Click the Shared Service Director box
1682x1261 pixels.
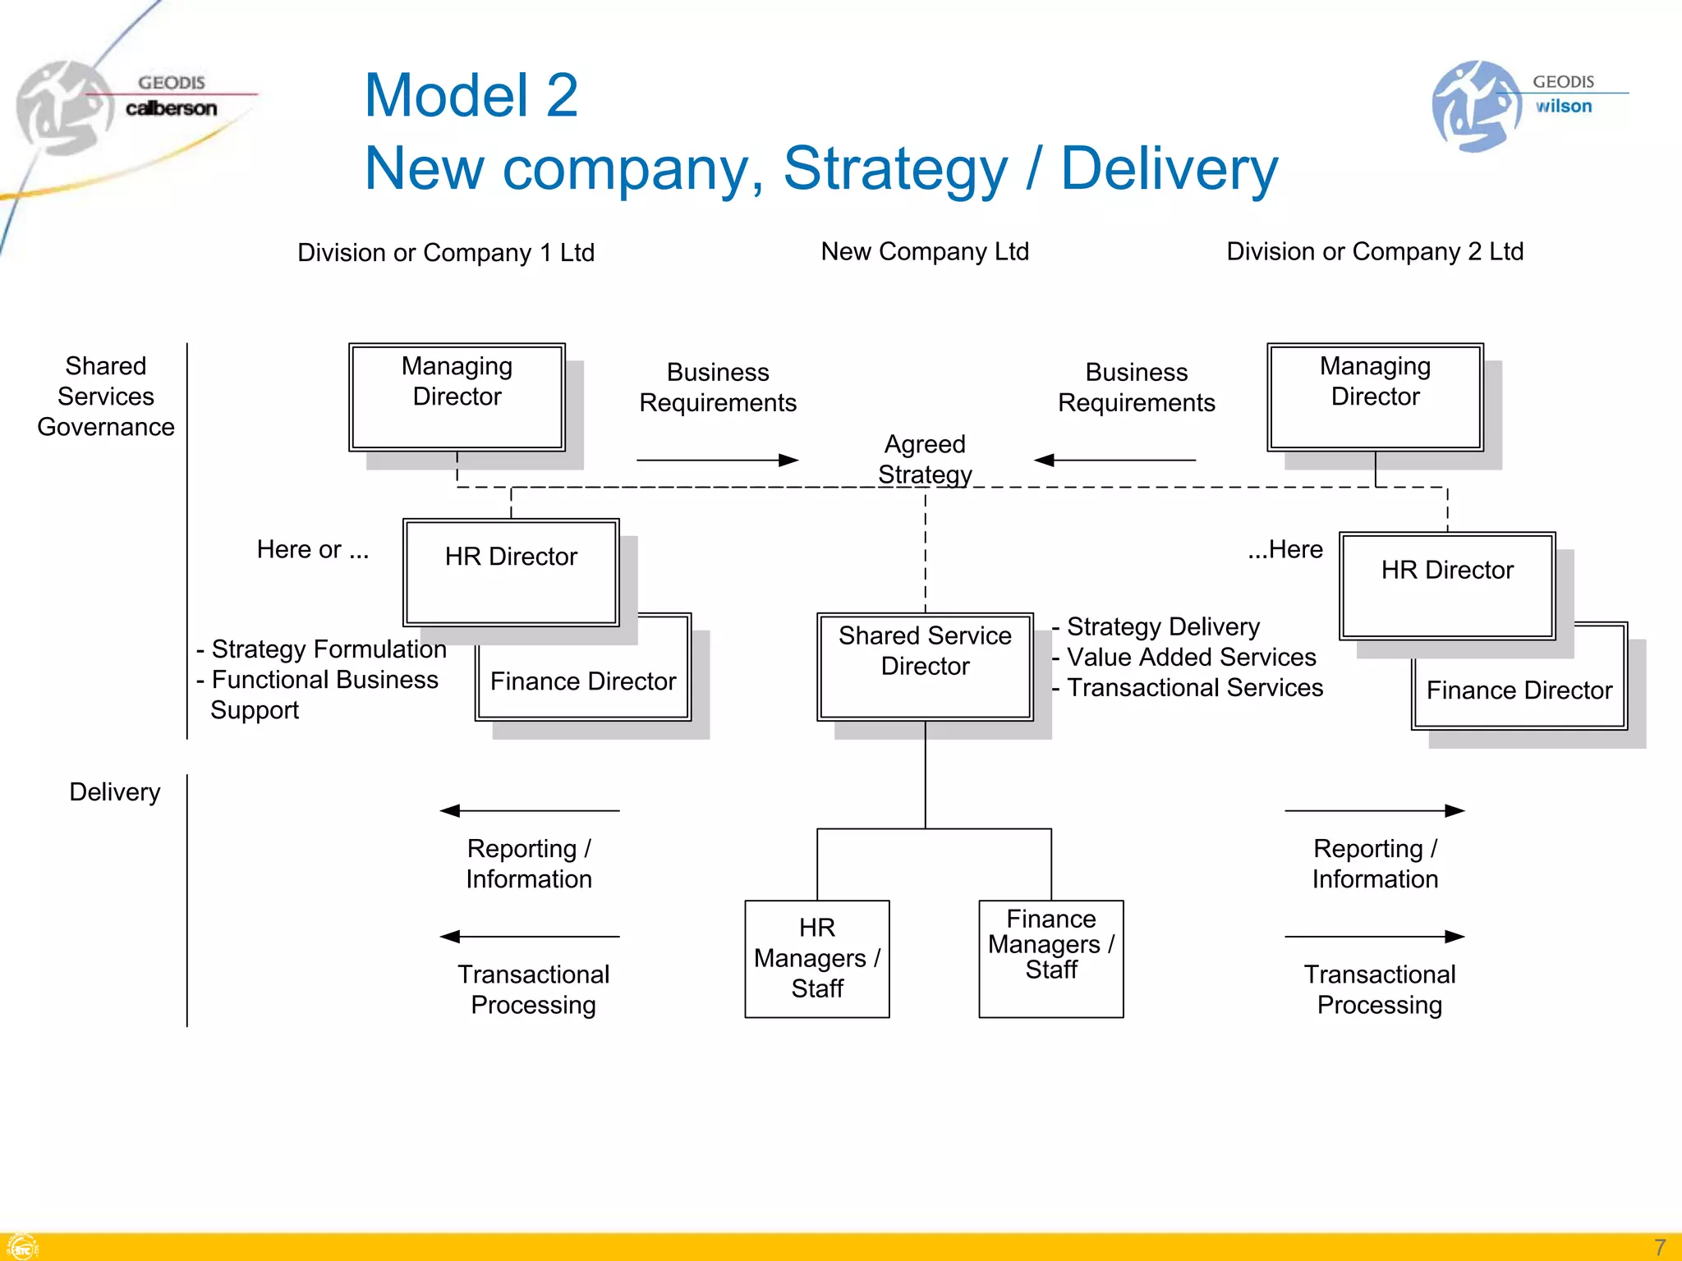925,666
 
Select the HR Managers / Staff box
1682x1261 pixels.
816,958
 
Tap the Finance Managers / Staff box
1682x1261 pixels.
1050,958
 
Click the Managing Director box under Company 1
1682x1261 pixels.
457,397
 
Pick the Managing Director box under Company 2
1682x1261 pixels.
1375,397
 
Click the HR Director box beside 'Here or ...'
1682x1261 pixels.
511,571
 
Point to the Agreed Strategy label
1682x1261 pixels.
925,459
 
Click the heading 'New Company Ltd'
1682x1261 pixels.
925,251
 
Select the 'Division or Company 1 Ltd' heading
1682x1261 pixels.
445,252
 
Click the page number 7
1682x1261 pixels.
1659,1247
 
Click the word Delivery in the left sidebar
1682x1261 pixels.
114,792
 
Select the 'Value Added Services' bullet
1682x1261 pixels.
1190,657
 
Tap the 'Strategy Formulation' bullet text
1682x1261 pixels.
328,649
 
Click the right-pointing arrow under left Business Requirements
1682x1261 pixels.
717,460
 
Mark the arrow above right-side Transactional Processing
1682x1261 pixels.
1374,937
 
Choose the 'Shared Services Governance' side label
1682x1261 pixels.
106,397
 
